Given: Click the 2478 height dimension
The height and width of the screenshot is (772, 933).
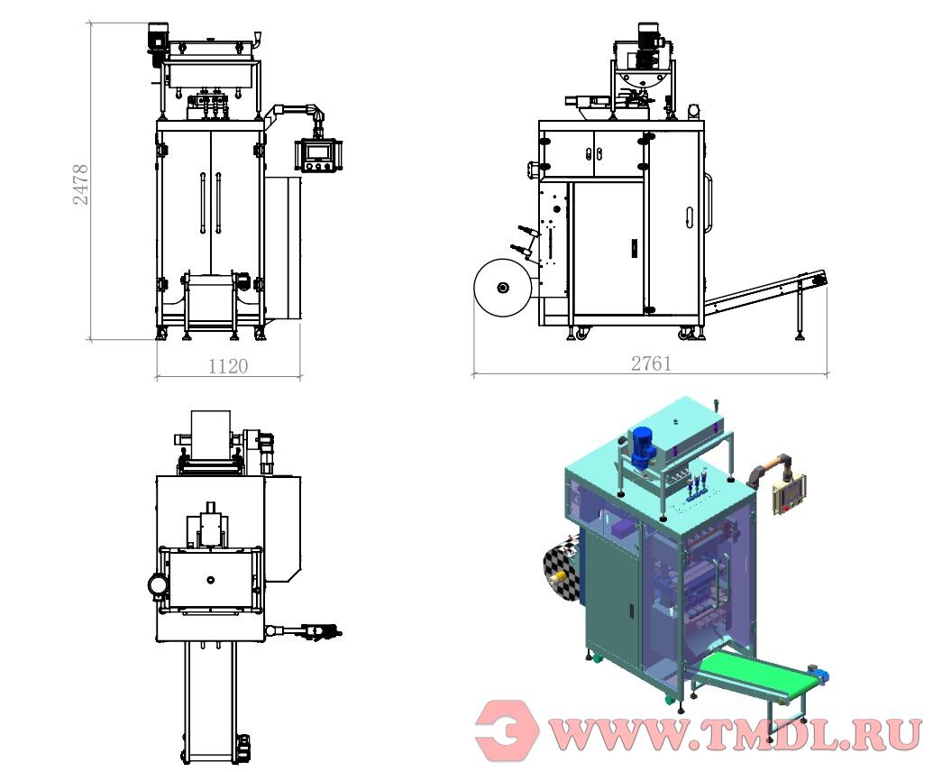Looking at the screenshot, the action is pyautogui.click(x=80, y=185).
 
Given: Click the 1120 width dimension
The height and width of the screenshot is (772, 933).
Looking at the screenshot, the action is pyautogui.click(x=228, y=365).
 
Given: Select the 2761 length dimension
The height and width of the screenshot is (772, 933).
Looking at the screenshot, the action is pyautogui.click(x=651, y=363).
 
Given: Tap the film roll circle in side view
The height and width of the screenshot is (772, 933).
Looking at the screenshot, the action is pyautogui.click(x=503, y=288).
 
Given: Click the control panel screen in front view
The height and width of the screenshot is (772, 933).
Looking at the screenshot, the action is pyautogui.click(x=316, y=152).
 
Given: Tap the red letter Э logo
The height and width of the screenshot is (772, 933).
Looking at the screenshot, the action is pyautogui.click(x=507, y=730).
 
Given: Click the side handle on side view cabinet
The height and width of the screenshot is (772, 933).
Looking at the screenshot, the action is pyautogui.click(x=709, y=203).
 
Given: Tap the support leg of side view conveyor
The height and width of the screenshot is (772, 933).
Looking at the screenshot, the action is pyautogui.click(x=800, y=311).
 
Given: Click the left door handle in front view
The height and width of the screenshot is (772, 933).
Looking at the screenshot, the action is pyautogui.click(x=203, y=203).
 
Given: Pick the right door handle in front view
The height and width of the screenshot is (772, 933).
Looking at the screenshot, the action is pyautogui.click(x=218, y=203).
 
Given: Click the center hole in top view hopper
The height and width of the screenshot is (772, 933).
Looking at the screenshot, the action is pyautogui.click(x=209, y=580).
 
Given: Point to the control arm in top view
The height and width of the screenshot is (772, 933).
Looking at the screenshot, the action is pyautogui.click(x=303, y=630).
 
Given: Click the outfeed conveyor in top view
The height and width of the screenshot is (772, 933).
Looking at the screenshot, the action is pyautogui.click(x=211, y=703).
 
